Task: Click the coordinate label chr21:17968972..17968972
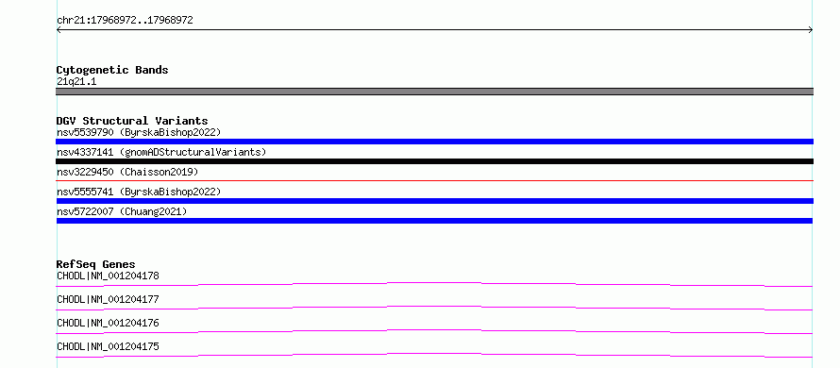(x=125, y=21)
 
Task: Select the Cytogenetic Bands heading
(x=112, y=70)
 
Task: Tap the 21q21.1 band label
(x=76, y=82)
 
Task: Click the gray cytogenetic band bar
(x=434, y=92)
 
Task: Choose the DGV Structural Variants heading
(x=132, y=121)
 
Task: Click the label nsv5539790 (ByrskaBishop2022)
(x=139, y=132)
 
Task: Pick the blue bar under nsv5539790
(x=434, y=142)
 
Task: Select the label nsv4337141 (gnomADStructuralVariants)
(x=161, y=152)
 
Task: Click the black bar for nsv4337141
(x=434, y=161)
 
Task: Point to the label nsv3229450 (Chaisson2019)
(x=127, y=172)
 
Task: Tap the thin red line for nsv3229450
(x=434, y=180)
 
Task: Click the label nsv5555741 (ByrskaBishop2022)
(x=139, y=192)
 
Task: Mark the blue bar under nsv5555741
(x=434, y=201)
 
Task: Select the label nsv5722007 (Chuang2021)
(x=122, y=211)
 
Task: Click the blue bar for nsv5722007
(x=434, y=221)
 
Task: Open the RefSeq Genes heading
(x=96, y=264)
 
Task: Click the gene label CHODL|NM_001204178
(x=108, y=276)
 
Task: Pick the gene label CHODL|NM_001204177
(x=108, y=299)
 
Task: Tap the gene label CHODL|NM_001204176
(x=108, y=323)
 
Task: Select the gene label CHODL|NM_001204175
(x=108, y=346)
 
